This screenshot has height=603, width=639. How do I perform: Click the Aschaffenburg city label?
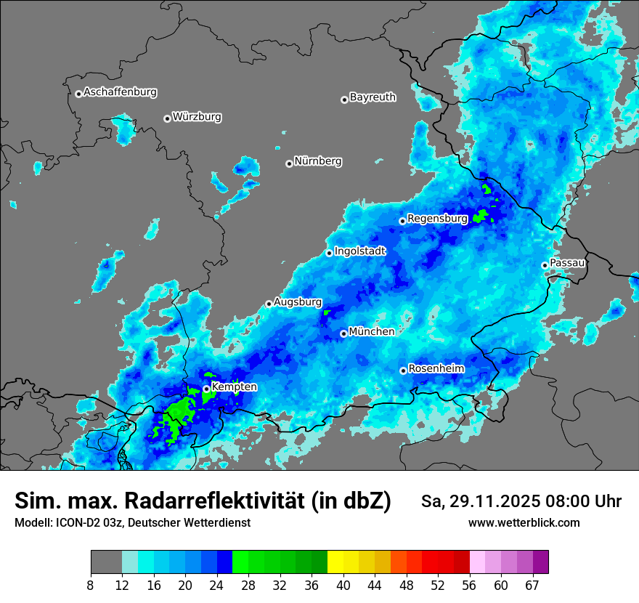pyautogui.click(x=120, y=92)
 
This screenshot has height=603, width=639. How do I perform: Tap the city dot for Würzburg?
pyautogui.click(x=167, y=118)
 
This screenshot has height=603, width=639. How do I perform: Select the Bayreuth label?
pyautogui.click(x=373, y=97)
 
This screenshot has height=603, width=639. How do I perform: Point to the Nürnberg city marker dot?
pyautogui.click(x=289, y=163)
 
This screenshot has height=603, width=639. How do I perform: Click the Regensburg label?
pyautogui.click(x=437, y=218)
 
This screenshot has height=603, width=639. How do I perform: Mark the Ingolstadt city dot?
pyautogui.click(x=329, y=253)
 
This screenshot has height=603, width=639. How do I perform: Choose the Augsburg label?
pyautogui.click(x=298, y=301)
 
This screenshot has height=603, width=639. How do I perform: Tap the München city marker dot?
pyautogui.click(x=343, y=334)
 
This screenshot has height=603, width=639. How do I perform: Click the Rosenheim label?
pyautogui.click(x=436, y=368)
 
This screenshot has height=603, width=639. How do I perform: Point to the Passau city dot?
pyautogui.click(x=545, y=265)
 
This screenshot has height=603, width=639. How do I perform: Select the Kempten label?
pyautogui.click(x=234, y=387)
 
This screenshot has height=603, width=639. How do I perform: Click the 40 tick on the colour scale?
pyautogui.click(x=343, y=584)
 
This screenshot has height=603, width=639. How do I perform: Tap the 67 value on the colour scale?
pyautogui.click(x=532, y=584)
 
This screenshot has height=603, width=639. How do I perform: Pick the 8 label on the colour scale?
pyautogui.click(x=91, y=584)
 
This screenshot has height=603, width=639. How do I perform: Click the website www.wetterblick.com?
pyautogui.click(x=524, y=522)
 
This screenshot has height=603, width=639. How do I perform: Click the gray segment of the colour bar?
pyautogui.click(x=106, y=562)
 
